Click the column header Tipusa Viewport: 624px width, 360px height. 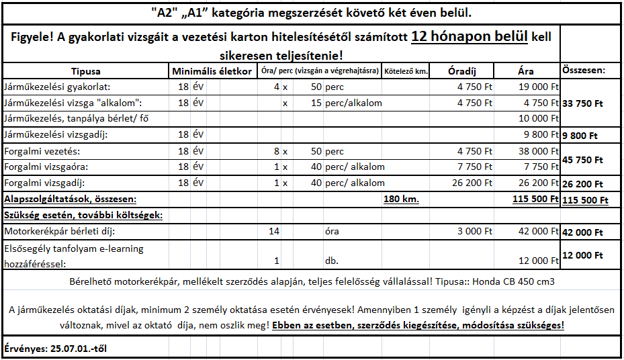pyautogui.click(x=85, y=71)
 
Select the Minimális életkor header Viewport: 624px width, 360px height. pyautogui.click(x=212, y=71)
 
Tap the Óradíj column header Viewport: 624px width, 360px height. pyautogui.click(x=463, y=71)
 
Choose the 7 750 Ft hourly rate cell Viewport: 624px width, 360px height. pyautogui.click(x=474, y=167)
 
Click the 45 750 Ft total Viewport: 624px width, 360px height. pyautogui.click(x=582, y=161)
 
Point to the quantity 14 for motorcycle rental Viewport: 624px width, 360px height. pyautogui.click(x=273, y=232)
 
